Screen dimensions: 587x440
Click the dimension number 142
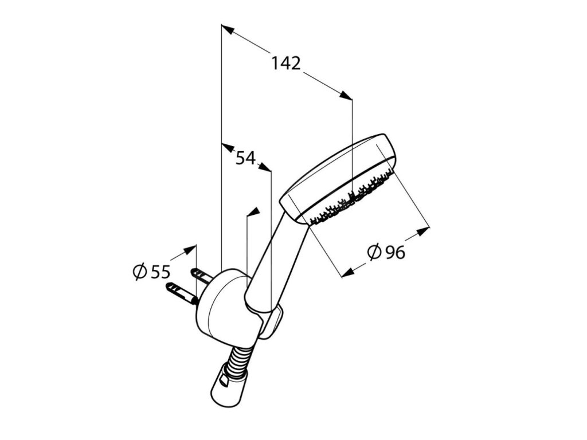286,64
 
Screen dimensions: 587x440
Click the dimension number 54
245,158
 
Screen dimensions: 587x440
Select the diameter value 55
161,272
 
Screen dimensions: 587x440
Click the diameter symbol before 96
373,252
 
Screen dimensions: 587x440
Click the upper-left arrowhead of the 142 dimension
228,30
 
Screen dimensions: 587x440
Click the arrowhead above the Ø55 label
189,250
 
